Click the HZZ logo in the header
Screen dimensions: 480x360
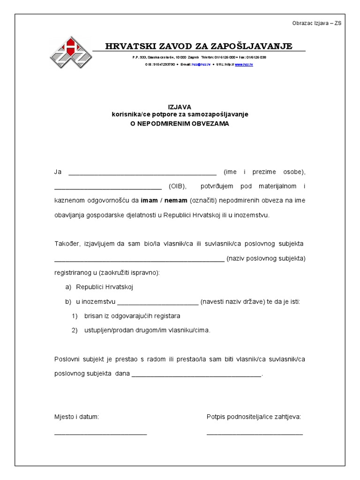tap(70, 52)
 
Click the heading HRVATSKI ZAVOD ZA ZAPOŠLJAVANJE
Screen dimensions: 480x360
tap(199, 46)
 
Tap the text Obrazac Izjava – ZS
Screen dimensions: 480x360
tap(317, 23)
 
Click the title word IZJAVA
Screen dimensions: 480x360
tap(180, 107)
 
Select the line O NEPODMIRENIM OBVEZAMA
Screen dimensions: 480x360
tap(180, 124)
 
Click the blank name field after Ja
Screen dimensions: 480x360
tap(142, 172)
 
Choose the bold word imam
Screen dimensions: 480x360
tap(149, 201)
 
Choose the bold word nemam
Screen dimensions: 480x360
tap(175, 201)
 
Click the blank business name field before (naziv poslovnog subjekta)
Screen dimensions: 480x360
tap(139, 259)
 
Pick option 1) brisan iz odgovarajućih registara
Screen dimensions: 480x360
tap(132, 316)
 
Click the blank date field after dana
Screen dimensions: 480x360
tap(196, 375)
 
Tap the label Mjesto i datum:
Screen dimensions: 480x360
tap(76, 417)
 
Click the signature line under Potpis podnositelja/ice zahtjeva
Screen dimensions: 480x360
tap(255, 434)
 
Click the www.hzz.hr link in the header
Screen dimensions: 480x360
tap(244, 64)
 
